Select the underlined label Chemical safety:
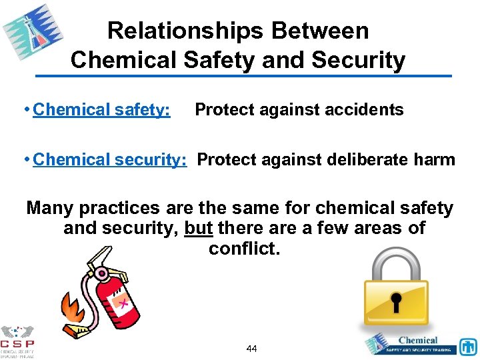101,109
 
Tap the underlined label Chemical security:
110,159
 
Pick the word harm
435,159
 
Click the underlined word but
198,228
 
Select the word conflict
244,249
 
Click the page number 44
251,348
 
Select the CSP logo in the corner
17,341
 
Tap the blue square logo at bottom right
468,347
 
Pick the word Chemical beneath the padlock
418,340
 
